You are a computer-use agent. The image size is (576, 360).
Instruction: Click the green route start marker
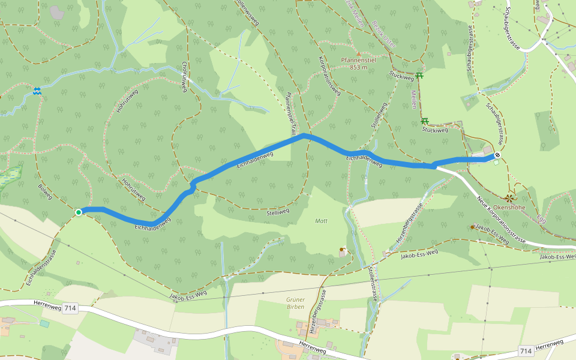(x=79, y=212)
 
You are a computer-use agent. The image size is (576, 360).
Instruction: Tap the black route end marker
(x=497, y=156)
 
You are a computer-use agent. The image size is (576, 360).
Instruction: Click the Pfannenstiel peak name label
(x=359, y=61)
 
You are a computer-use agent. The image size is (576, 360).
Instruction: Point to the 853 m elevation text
(x=359, y=67)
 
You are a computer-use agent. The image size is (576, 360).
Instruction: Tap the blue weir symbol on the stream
(x=37, y=91)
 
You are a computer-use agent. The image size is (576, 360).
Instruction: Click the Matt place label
(x=321, y=221)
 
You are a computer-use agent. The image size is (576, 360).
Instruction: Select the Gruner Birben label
(x=295, y=303)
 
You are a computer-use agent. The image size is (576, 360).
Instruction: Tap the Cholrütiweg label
(x=185, y=77)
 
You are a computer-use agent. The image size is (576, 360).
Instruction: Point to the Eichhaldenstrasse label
(x=40, y=267)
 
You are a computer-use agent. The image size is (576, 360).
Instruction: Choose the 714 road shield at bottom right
(x=526, y=350)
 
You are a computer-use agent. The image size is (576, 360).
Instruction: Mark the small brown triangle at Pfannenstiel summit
(x=359, y=53)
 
